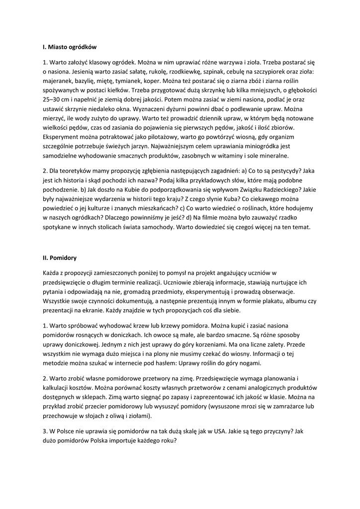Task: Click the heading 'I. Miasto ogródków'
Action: [70, 47]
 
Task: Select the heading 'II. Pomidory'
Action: [59, 258]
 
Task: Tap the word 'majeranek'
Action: [58, 82]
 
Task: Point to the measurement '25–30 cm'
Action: [58, 100]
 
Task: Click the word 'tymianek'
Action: [133, 82]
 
